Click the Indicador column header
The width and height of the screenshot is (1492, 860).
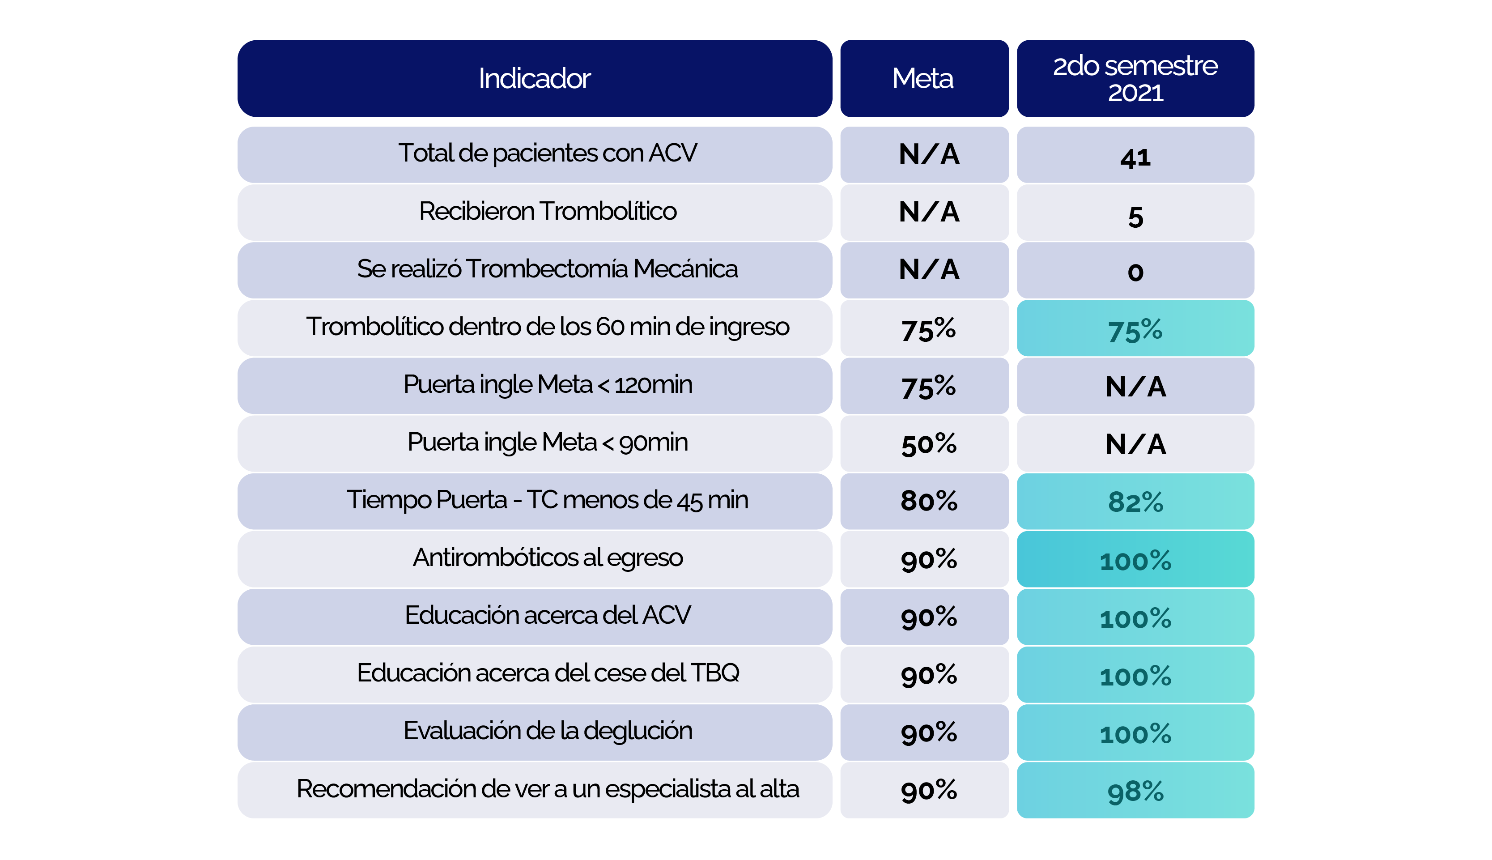(534, 79)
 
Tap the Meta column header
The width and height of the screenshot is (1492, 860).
(923, 79)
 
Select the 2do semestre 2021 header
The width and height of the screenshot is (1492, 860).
(1135, 79)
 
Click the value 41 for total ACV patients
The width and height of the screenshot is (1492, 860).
(1135, 157)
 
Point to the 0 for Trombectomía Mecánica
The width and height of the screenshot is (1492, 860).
(1135, 272)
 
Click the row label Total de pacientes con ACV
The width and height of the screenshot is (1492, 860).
(547, 153)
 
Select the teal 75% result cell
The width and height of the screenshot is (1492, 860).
(1135, 330)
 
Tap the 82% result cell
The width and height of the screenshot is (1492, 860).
(1135, 502)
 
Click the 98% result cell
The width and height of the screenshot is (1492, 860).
(1135, 791)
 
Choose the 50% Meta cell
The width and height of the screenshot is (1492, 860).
(928, 444)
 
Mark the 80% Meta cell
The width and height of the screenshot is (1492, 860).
(928, 501)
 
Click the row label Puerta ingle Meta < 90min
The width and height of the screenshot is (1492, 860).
(547, 443)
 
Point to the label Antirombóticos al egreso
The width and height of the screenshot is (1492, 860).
(547, 558)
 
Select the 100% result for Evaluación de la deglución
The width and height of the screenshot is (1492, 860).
(1135, 734)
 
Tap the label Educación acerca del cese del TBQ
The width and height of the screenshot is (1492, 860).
(547, 673)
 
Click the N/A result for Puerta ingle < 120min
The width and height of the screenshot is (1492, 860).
(1135, 387)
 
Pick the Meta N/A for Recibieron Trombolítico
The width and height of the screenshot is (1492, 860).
(928, 212)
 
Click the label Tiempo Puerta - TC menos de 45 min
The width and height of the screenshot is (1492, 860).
(547, 500)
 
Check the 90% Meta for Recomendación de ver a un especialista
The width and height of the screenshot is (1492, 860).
(928, 790)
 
